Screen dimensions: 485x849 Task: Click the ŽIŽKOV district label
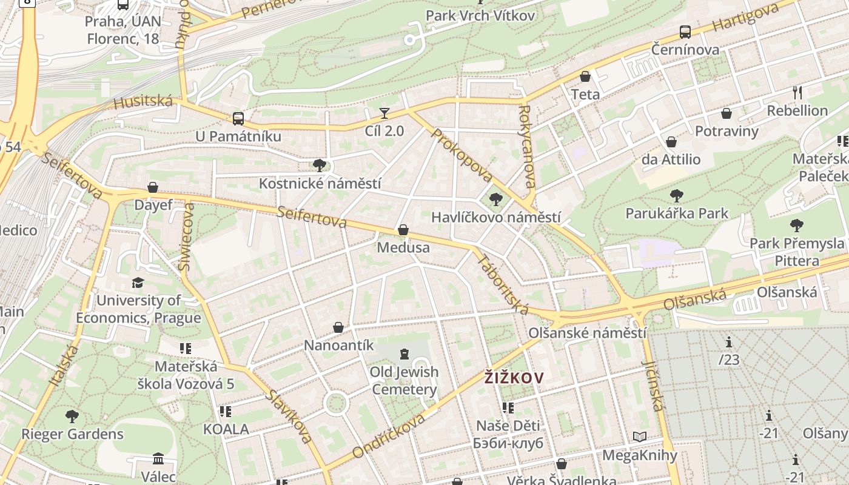(514, 378)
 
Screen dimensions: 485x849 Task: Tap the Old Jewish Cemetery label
(404, 380)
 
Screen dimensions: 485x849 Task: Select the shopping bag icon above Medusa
(403, 230)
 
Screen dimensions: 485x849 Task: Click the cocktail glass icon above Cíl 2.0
(384, 113)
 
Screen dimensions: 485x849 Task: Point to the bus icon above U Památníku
(238, 118)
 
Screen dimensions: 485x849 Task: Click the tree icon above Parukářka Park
(677, 196)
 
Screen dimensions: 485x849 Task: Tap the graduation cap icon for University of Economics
(138, 283)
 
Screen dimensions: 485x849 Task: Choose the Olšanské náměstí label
(587, 333)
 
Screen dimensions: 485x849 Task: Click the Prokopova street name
(462, 155)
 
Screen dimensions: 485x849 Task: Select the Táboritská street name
(503, 284)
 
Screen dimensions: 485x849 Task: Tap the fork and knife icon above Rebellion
(797, 93)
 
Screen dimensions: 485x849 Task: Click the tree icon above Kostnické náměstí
(320, 166)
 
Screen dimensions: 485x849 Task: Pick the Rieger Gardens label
(72, 434)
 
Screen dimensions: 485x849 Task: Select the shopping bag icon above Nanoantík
(338, 328)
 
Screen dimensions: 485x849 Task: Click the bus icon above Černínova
(685, 32)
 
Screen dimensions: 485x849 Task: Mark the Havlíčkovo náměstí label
(495, 217)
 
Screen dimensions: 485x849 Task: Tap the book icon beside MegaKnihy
(640, 436)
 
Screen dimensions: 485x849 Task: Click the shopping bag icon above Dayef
(153, 188)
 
